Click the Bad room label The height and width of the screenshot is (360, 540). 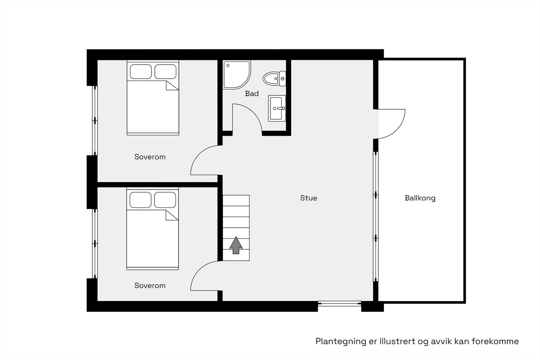tap(252, 93)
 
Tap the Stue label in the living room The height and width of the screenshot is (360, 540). tap(308, 198)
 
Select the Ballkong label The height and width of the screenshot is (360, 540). tap(420, 198)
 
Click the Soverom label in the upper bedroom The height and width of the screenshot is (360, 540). tap(150, 157)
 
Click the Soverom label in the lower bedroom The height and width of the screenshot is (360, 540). tap(150, 285)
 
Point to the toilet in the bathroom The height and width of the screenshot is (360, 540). tap(274, 79)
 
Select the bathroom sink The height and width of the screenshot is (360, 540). tap(277, 108)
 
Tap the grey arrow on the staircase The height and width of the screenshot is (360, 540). tap(236, 245)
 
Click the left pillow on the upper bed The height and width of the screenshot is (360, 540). tap(141, 72)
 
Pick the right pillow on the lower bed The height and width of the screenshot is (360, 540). tap(165, 200)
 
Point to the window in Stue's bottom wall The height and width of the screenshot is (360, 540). tap(339, 304)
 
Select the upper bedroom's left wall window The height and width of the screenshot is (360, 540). tap(95, 120)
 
